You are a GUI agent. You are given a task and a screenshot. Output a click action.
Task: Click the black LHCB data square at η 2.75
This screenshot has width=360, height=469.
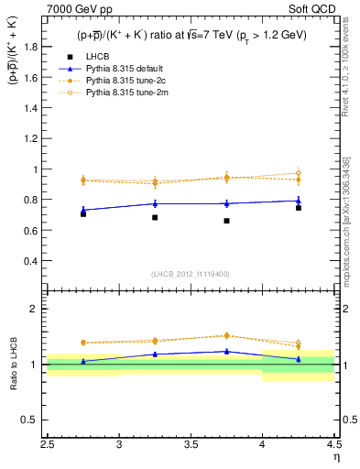click(83, 213)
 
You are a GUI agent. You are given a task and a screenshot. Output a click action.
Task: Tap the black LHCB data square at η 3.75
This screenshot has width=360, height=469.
click(226, 221)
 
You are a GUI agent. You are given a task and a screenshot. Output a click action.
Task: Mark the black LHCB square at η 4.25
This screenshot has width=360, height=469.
click(298, 208)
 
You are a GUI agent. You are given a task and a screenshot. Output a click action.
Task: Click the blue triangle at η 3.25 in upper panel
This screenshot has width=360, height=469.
click(155, 203)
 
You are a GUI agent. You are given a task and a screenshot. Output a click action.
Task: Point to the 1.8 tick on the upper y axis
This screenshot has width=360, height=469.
click(34, 48)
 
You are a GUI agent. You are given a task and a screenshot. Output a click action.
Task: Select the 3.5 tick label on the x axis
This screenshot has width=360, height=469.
click(191, 447)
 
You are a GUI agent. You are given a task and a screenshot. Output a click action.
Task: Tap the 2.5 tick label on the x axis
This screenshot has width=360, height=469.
click(48, 447)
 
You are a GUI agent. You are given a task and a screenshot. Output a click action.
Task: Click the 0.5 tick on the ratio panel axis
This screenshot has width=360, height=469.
click(34, 420)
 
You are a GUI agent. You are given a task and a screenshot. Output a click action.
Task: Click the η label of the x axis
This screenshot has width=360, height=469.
click(335, 457)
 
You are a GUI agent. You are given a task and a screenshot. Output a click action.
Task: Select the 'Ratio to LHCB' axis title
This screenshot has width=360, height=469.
click(13, 365)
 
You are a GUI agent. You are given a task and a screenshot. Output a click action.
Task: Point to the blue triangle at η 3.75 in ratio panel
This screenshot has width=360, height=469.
click(226, 351)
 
